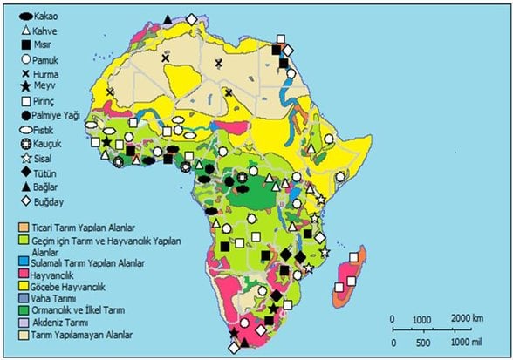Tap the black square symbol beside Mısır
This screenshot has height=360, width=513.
pos(26,44)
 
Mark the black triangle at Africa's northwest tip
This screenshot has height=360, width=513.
pos(167,17)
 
